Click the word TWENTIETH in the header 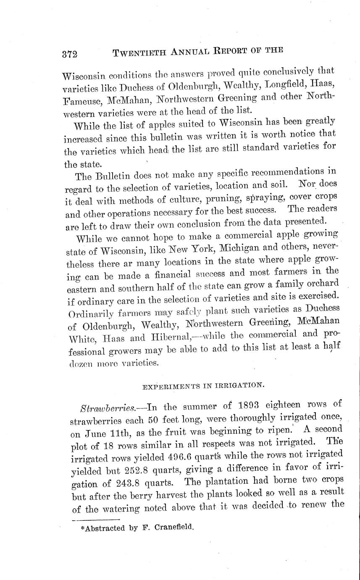(134, 52)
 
